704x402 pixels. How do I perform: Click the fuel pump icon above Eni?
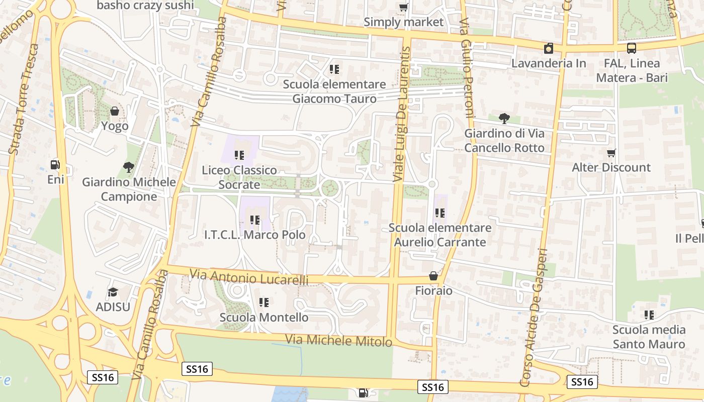(x=55, y=164)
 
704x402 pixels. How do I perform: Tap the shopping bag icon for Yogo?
(x=115, y=111)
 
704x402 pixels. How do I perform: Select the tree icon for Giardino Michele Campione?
(x=129, y=167)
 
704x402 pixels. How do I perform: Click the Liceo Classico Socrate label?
(x=239, y=177)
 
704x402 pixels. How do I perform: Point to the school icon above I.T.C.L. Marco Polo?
(x=255, y=220)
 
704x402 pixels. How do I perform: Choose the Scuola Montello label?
(x=264, y=318)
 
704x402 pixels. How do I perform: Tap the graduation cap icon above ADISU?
(x=113, y=292)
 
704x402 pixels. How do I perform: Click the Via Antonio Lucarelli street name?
(x=249, y=277)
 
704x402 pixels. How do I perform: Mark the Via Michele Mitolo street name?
(x=338, y=340)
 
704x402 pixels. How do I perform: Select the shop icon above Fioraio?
(x=433, y=276)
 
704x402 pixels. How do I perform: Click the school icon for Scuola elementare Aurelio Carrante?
(x=440, y=213)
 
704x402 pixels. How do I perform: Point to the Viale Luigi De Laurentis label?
(x=402, y=114)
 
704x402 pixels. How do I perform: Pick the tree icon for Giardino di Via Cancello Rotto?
(x=504, y=119)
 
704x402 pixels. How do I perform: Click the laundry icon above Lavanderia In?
(x=549, y=48)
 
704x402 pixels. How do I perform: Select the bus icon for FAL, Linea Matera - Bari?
(x=632, y=48)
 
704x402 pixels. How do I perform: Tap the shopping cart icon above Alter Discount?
(x=611, y=153)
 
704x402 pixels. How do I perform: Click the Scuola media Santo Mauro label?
(x=649, y=337)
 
